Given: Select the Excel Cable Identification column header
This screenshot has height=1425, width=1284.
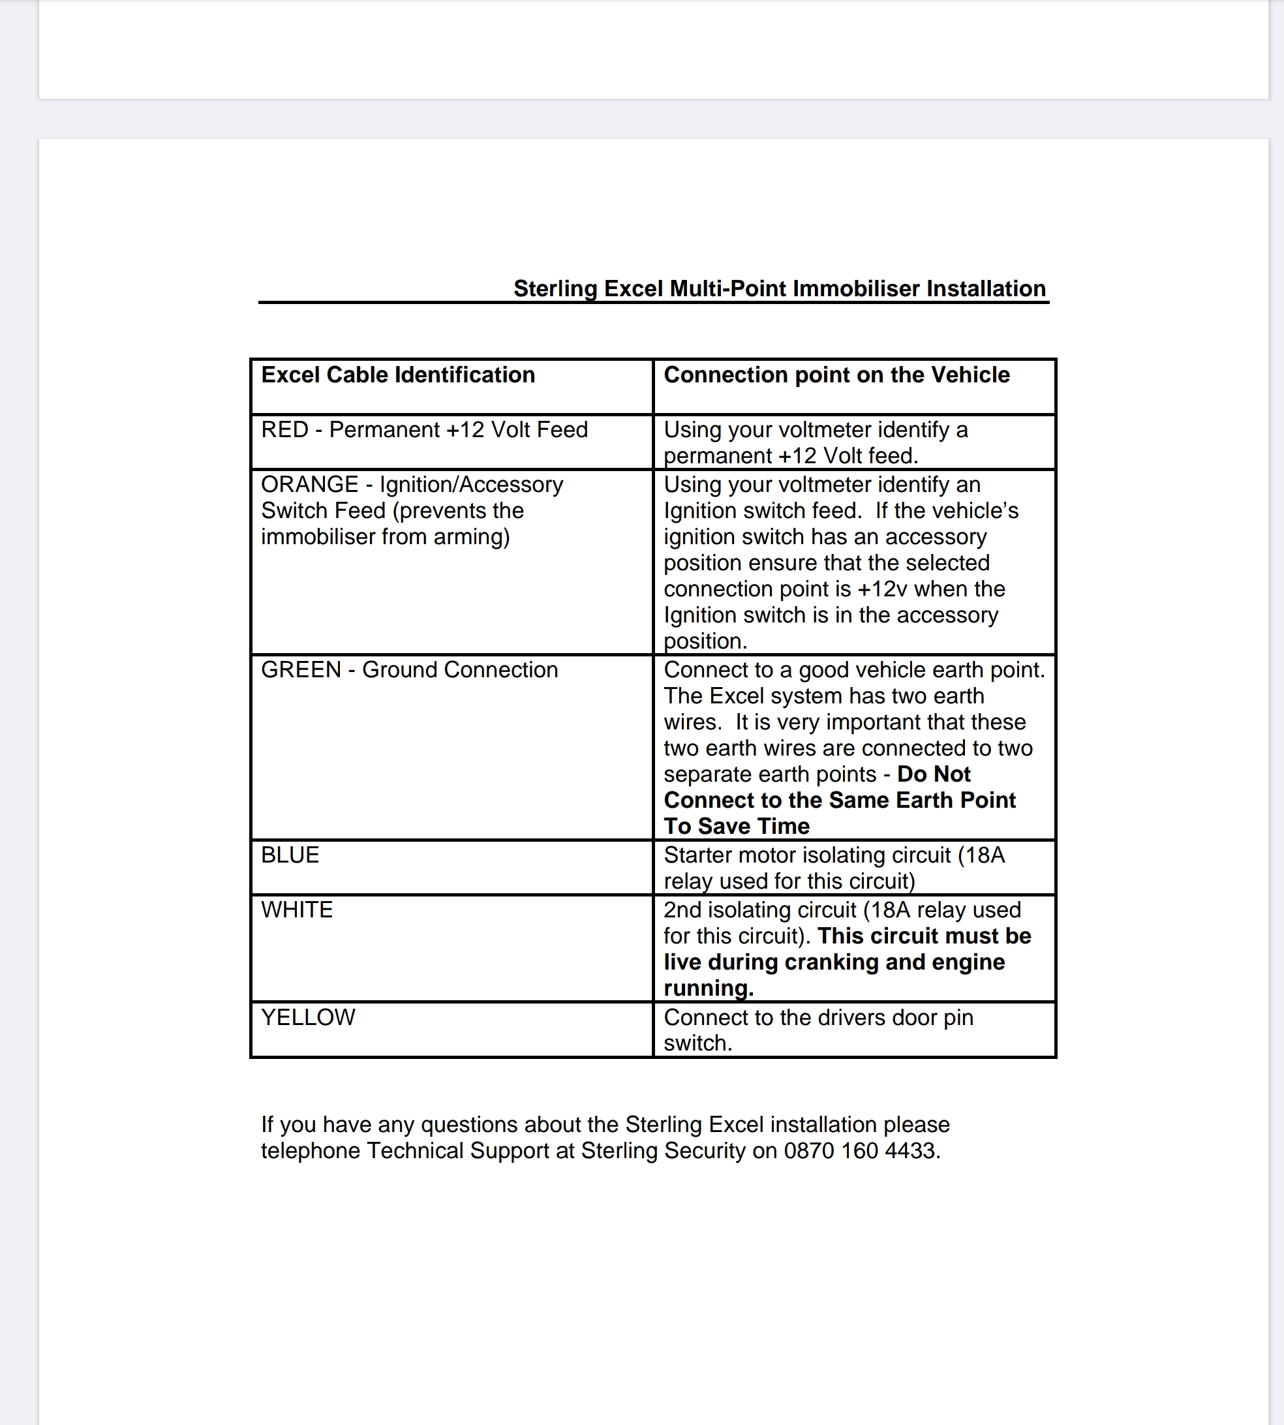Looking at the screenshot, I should [398, 375].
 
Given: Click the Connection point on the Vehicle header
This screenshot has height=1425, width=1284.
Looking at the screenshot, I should [836, 375].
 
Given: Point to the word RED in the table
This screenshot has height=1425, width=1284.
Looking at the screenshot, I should [284, 429].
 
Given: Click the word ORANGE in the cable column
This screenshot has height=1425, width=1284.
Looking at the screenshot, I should [310, 485].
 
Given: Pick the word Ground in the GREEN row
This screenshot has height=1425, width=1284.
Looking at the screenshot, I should [399, 669].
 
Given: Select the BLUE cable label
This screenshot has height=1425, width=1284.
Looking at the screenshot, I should [290, 855].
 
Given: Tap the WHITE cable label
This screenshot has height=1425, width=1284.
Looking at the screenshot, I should [296, 910].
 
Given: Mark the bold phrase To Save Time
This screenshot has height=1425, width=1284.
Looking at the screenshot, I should [736, 826].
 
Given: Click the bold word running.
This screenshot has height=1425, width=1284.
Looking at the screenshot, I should [708, 988].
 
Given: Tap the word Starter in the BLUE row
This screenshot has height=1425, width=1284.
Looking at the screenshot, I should [699, 855].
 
